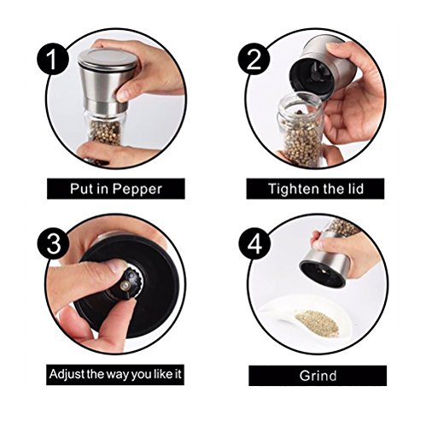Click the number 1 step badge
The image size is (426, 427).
pyautogui.click(x=52, y=60)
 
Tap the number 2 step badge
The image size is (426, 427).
pyautogui.click(x=254, y=59)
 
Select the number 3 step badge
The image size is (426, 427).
pyautogui.click(x=53, y=244)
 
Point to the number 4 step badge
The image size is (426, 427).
pyautogui.click(x=254, y=244)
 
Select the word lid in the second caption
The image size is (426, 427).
pyautogui.click(x=355, y=188)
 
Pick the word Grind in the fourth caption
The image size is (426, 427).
pyautogui.click(x=318, y=376)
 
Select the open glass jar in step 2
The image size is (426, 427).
pyautogui.click(x=301, y=131)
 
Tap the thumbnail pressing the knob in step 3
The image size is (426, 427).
pyautogui.click(x=117, y=266)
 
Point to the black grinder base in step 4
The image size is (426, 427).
pyautogui.click(x=322, y=272)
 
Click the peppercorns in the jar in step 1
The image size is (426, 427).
pyautogui.click(x=106, y=132)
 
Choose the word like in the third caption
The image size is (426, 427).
pyautogui.click(x=163, y=373)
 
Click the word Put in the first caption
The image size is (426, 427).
pyautogui.click(x=82, y=189)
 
